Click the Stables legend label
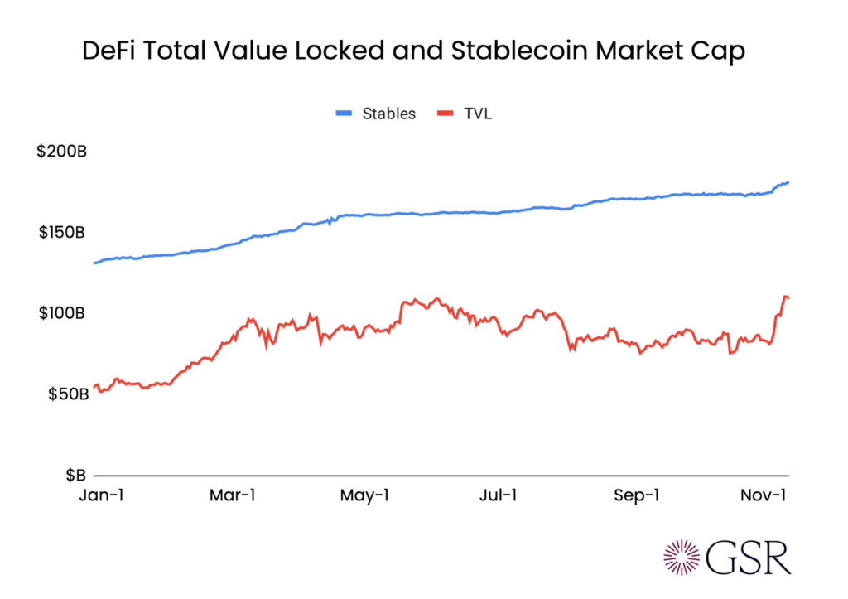coord(389,114)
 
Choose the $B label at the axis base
coord(75,475)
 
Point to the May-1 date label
coord(365,495)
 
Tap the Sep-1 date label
coord(637,495)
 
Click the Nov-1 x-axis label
coord(763,495)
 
